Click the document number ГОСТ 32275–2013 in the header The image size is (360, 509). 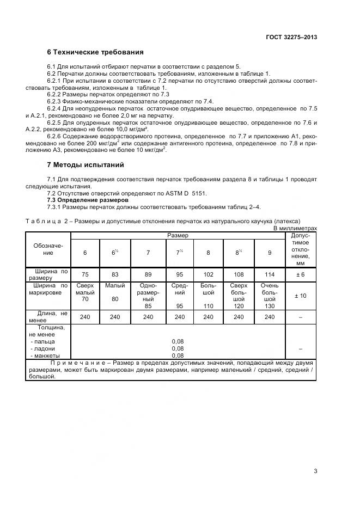coord(288,38)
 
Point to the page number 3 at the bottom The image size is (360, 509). coord(315,471)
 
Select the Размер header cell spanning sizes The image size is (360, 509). coord(177,235)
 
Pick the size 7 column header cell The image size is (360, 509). coord(148,253)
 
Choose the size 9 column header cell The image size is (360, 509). coord(269,253)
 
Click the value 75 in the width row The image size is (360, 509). coord(84,274)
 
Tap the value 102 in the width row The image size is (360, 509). coord(208,274)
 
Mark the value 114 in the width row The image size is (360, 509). coord(269,274)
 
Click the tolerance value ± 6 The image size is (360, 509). coord(300,274)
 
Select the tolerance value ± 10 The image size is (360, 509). coord(300,296)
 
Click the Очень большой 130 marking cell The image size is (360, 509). coord(269,296)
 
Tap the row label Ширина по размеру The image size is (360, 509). coord(48,274)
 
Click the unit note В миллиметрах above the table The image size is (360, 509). coord(295,229)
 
